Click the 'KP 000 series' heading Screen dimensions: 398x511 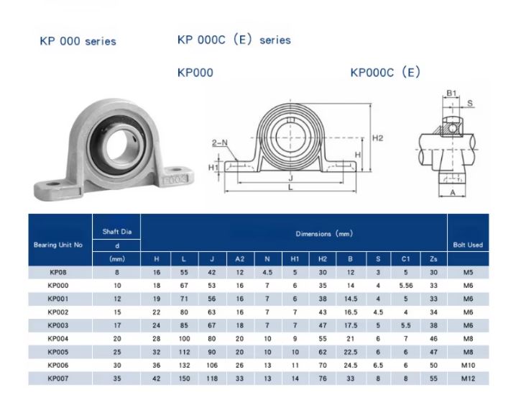coord(78,41)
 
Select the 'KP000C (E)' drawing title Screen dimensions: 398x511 coord(385,73)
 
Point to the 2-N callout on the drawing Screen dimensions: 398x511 coord(219,143)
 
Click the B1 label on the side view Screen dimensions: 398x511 coord(451,93)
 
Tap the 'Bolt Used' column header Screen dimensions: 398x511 coord(467,245)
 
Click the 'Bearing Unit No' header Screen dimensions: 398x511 coord(58,245)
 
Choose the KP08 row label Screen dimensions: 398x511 coord(58,272)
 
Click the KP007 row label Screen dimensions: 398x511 coord(58,378)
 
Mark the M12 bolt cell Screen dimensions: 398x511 coord(467,378)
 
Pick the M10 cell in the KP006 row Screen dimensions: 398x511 coord(467,364)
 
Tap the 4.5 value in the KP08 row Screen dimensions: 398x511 coord(267,272)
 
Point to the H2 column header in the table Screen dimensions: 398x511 coord(322,258)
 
